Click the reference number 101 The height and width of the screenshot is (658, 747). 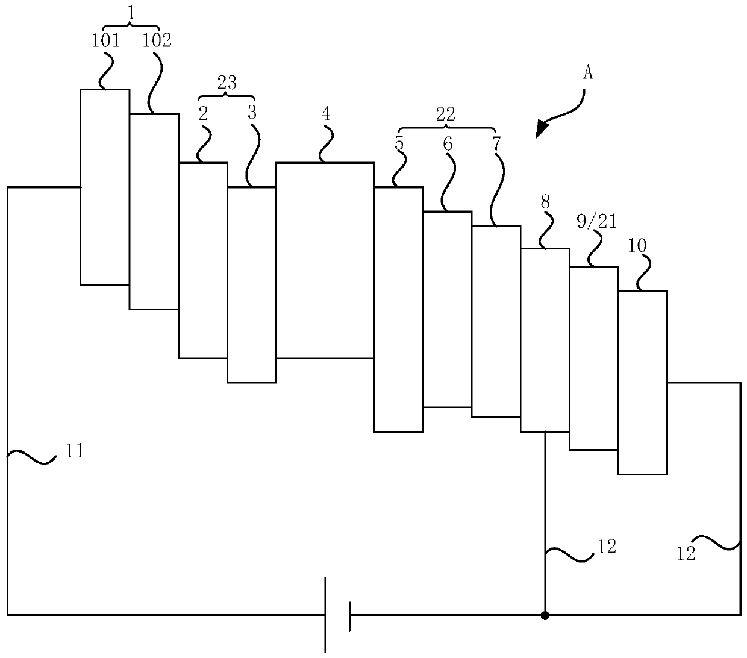click(105, 41)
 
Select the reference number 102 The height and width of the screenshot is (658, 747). click(157, 41)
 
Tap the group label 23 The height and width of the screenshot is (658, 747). click(227, 83)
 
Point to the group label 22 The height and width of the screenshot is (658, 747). click(446, 114)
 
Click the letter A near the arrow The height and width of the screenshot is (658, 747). click(588, 74)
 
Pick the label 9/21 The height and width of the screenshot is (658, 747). click(596, 222)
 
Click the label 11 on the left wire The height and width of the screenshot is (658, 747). click(74, 451)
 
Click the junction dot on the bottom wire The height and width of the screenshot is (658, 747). click(545, 615)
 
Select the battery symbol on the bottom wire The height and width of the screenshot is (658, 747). click(337, 615)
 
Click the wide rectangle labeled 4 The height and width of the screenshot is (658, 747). click(325, 260)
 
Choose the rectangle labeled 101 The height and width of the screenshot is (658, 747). click(105, 187)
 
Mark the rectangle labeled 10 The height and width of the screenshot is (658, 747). click(643, 383)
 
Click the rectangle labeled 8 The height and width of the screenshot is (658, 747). click(545, 340)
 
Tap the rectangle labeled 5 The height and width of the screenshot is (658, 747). click(398, 309)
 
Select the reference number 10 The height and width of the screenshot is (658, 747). click(637, 246)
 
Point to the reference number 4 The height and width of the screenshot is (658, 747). click(326, 113)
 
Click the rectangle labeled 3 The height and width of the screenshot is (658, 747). click(251, 284)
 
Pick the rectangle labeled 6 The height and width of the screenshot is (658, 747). click(447, 309)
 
